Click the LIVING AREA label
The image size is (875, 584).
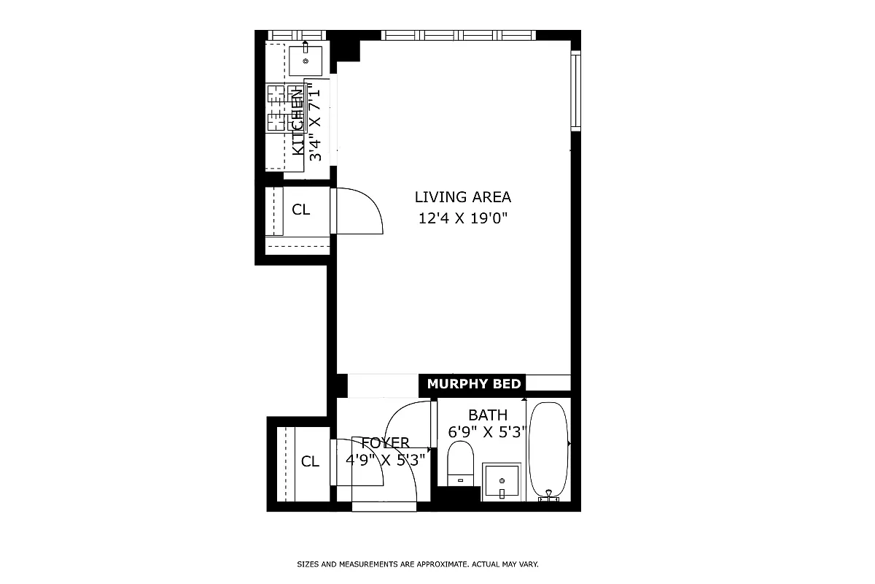coord(462,197)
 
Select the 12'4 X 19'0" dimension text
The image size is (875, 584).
coord(462,218)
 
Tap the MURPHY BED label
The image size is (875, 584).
coord(474,384)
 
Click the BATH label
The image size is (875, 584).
coord(488,415)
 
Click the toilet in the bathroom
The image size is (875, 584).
coord(460,461)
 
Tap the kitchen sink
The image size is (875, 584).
coord(305,58)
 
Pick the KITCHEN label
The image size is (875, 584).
coord(298,120)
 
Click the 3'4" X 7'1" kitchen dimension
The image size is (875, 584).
coord(315,123)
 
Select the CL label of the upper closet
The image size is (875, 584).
coord(301,210)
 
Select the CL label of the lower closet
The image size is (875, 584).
coord(311,461)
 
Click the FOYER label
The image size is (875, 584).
coord(385,442)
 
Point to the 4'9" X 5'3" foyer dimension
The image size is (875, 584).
coord(385,460)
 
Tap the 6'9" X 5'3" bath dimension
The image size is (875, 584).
coord(488,431)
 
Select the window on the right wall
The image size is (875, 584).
coord(575,91)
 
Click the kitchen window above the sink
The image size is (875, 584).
coord(295,35)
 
